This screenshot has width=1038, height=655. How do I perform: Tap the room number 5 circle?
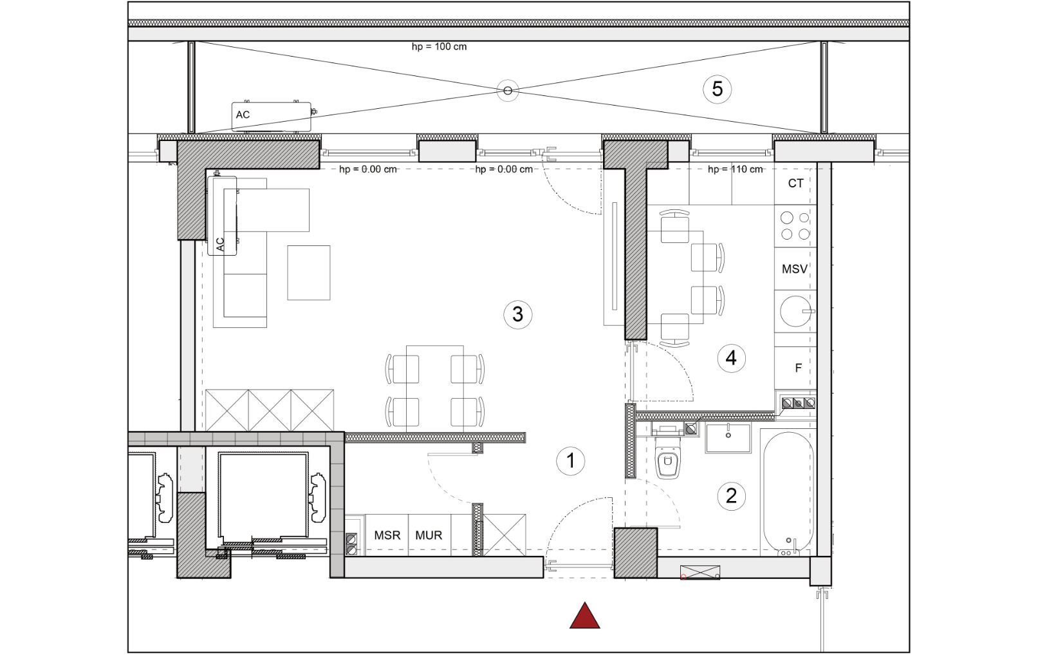coord(717,89)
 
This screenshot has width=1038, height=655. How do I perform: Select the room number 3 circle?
coord(517,315)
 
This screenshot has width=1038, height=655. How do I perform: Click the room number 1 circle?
coord(570,461)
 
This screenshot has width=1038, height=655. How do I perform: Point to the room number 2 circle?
coord(731,497)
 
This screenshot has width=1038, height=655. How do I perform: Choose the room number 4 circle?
coord(731,358)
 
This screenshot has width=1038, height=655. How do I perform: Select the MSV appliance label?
coord(795,269)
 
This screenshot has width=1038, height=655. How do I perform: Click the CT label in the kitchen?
coord(795,184)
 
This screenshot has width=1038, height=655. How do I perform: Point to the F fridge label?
coord(798,368)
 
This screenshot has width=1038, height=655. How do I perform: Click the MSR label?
coord(387,535)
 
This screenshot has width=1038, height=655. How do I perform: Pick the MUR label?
coord(429,535)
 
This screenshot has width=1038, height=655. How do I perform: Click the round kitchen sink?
coord(795,311)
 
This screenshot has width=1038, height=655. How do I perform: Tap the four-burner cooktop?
coord(795,226)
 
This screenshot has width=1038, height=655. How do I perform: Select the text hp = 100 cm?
coord(440,47)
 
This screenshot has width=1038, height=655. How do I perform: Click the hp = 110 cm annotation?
coord(736,169)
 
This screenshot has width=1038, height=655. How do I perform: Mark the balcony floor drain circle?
coord(508,91)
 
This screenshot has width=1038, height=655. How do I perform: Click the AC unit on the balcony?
coord(272,117)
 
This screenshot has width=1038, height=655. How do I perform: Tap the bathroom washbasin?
coord(728,438)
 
